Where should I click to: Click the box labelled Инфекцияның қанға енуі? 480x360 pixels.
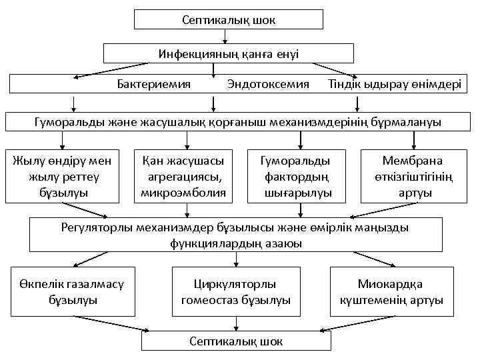[x=229, y=53]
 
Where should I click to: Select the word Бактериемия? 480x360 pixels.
[x=153, y=84]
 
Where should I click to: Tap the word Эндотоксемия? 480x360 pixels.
[x=268, y=84]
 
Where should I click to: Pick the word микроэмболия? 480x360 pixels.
[x=183, y=193]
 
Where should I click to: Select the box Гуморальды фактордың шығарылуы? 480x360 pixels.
[x=297, y=177]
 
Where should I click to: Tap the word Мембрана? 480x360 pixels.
[x=412, y=161]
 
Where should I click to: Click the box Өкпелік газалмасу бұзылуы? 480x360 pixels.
[x=73, y=292]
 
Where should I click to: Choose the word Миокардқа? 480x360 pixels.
[x=390, y=284]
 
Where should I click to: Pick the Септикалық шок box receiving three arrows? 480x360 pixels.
[x=236, y=341]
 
